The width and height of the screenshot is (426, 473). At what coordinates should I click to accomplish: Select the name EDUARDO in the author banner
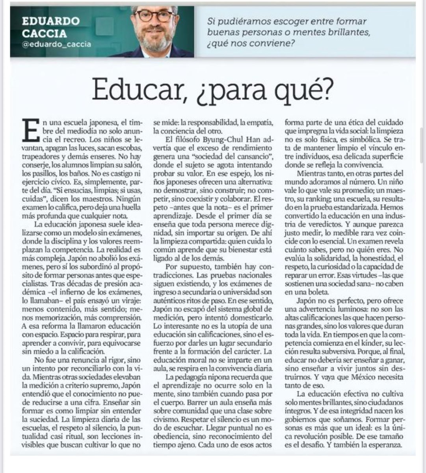(51, 20)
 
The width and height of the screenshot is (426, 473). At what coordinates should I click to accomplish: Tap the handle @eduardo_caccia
(56, 44)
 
